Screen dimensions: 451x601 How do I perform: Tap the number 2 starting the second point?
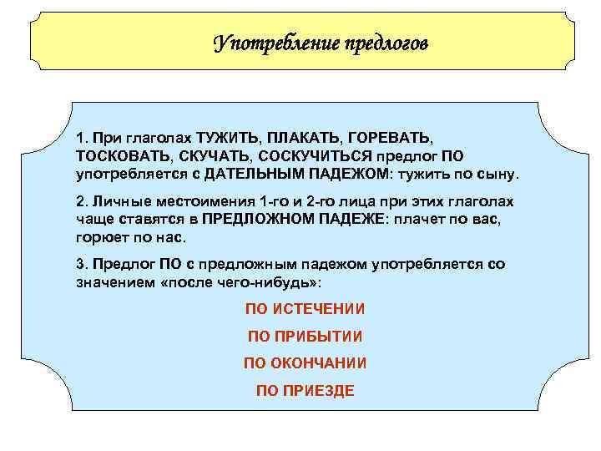(x=79, y=203)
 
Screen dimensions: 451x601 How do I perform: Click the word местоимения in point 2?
(x=210, y=203)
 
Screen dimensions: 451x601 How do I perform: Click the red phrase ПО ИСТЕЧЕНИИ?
(x=305, y=309)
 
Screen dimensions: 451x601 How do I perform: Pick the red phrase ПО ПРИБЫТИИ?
(x=305, y=337)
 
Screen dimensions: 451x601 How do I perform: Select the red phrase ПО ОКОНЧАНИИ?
(x=305, y=363)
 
